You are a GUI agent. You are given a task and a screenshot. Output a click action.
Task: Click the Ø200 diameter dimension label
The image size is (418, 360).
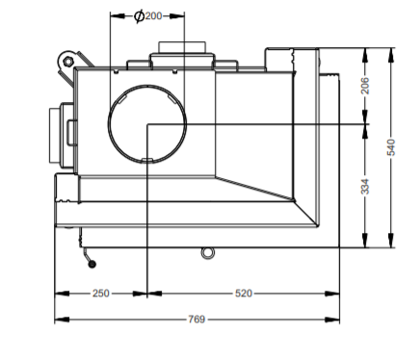tap(148, 15)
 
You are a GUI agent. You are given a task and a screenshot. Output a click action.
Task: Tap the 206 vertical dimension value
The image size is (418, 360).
tap(365, 86)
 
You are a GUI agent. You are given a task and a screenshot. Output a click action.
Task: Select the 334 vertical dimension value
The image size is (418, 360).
tap(365, 187)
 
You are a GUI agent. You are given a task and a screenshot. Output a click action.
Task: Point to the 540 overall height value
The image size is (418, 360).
tap(391, 147)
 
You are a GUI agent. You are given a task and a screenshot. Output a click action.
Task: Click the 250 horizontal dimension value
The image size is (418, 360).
tap(101, 294)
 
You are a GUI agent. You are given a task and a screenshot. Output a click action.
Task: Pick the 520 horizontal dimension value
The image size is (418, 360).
tap(244, 294)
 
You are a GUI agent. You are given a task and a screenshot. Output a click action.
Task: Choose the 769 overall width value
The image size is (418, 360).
tap(196, 320)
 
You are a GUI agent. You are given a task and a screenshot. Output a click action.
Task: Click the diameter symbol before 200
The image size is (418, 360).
tap(139, 16)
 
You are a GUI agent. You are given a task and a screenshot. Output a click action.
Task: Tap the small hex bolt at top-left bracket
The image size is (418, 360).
tap(67, 61)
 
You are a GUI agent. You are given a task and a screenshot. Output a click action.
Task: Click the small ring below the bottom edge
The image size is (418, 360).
tap(207, 253)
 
